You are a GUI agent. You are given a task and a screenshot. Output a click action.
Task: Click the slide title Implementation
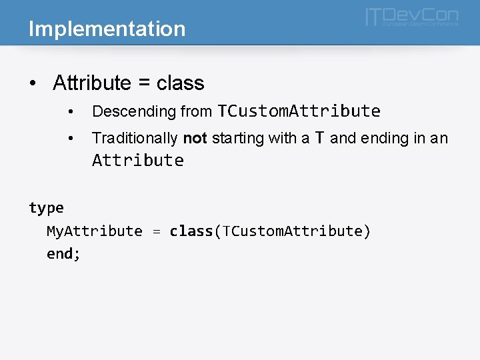[x=107, y=29]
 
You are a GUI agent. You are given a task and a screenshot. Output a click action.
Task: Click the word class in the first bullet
[x=180, y=83]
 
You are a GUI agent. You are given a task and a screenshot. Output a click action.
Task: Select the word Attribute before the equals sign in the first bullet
[x=92, y=83]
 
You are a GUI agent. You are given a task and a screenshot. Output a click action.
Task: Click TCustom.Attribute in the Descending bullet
[x=299, y=111]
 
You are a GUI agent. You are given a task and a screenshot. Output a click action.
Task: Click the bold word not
[x=195, y=139]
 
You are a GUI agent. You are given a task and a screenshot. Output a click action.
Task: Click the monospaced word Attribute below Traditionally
[x=138, y=161]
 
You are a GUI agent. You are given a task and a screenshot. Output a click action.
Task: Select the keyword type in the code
[x=46, y=208]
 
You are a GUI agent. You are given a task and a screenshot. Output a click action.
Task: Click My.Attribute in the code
[x=94, y=231]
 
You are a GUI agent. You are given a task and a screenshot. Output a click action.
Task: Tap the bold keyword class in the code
[x=191, y=231]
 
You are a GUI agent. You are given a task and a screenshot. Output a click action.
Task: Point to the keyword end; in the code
[x=63, y=254]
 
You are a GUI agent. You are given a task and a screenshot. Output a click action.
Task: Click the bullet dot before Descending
[x=71, y=111]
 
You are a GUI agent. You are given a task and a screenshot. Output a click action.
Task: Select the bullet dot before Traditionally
[x=71, y=139]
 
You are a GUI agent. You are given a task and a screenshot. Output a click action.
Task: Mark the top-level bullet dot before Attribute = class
[x=33, y=84]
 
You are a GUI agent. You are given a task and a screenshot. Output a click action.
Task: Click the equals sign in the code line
[x=156, y=231]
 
